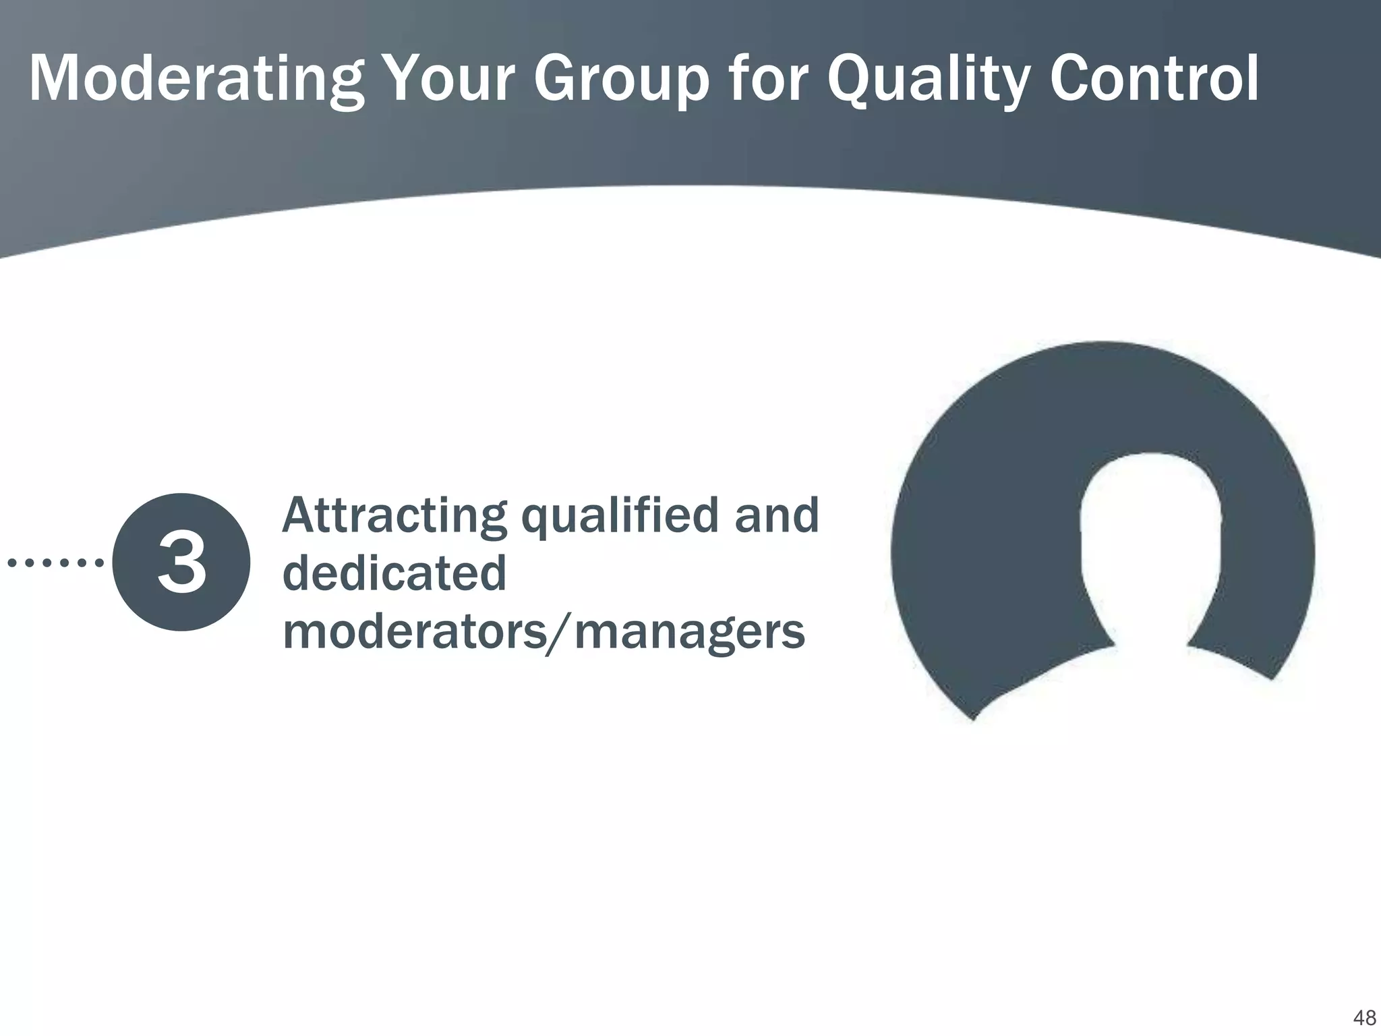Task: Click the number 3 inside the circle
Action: point(181,563)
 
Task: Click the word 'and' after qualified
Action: point(776,515)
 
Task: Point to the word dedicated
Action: point(394,573)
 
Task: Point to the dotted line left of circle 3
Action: point(55,562)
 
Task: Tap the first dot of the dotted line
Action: point(11,562)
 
